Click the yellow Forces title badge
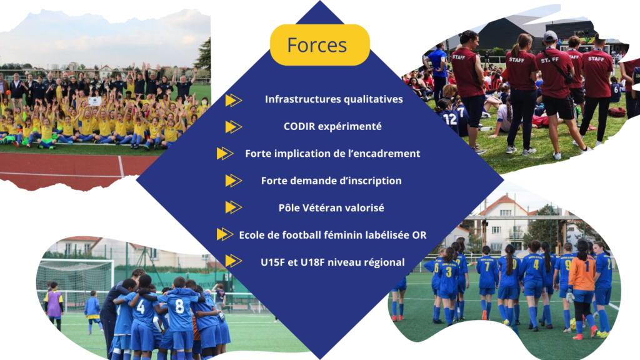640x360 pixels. click(319, 45)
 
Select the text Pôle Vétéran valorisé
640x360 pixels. click(331, 207)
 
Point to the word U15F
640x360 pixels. click(273, 262)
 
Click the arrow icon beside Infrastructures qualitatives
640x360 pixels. click(234, 100)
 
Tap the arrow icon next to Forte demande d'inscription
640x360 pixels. click(234, 181)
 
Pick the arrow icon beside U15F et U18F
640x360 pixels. click(234, 261)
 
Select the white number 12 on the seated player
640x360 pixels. click(450, 119)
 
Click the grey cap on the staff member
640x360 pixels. click(550, 36)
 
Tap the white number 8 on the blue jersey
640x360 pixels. click(179, 306)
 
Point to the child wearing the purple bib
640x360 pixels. click(54, 304)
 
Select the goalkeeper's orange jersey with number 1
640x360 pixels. click(582, 272)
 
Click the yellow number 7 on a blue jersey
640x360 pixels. click(486, 266)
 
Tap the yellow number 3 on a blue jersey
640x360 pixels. click(449, 271)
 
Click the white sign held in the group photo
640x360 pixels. click(95, 101)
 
